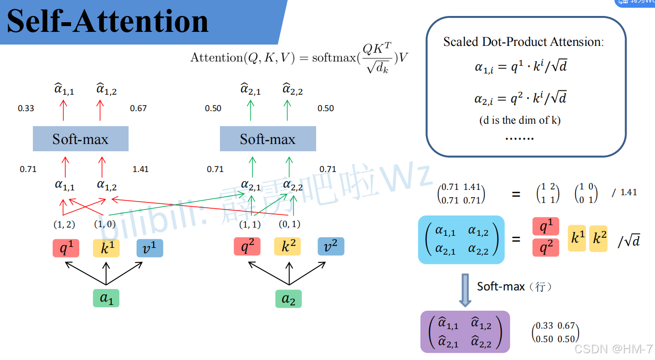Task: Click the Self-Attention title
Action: pos(108,22)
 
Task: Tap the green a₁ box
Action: pos(106,298)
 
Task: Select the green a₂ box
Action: pos(289,299)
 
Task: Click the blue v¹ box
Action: pos(149,247)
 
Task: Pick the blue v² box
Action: pos(331,247)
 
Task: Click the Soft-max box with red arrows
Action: pos(81,139)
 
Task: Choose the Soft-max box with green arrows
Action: pos(268,139)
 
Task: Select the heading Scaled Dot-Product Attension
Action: pos(524,42)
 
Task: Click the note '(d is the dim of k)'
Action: pos(520,120)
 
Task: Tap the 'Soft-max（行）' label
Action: pos(514,287)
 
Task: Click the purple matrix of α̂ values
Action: pos(465,332)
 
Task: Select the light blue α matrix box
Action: pos(461,240)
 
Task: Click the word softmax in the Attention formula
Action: pos(334,58)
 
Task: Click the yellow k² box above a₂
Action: pos(289,247)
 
